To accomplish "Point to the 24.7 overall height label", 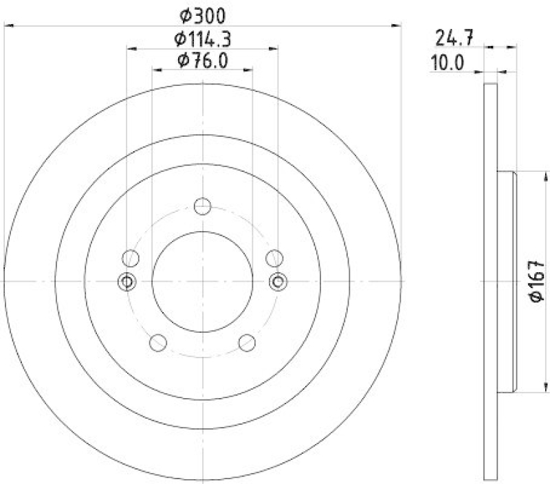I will [x=450, y=36].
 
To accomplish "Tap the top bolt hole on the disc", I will [x=202, y=206].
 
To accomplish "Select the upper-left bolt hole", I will [x=130, y=258].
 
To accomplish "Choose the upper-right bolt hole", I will [x=275, y=258].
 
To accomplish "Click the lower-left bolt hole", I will [x=157, y=342].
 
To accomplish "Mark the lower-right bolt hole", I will [x=247, y=342].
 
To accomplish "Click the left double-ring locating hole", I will [x=127, y=281].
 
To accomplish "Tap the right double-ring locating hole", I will [x=278, y=281].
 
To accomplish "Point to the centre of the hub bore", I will [x=202, y=281].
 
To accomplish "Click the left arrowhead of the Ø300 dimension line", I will [x=8, y=25].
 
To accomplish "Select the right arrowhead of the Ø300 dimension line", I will [x=397, y=25].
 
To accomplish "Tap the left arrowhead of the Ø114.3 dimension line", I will [x=131, y=48].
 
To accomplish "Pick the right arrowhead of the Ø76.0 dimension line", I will [x=249, y=70].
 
